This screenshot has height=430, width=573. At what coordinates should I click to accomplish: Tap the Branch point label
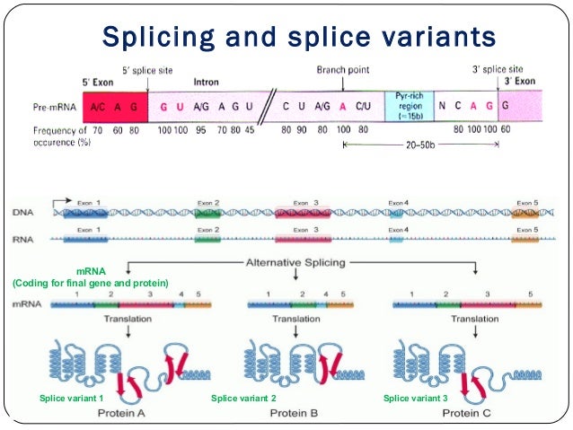click(341, 69)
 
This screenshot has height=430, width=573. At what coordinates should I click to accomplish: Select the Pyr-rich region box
click(409, 106)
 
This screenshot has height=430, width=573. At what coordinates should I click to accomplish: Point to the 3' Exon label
click(522, 81)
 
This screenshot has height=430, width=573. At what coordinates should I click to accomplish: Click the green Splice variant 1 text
click(73, 398)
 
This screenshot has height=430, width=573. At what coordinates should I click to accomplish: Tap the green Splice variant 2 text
click(243, 398)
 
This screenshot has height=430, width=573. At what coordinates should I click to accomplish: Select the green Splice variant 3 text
click(416, 398)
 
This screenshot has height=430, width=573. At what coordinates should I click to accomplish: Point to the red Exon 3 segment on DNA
click(303, 214)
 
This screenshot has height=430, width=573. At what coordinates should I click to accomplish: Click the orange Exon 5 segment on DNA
click(525, 214)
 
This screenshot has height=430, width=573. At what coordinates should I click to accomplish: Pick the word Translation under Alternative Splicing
click(296, 319)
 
